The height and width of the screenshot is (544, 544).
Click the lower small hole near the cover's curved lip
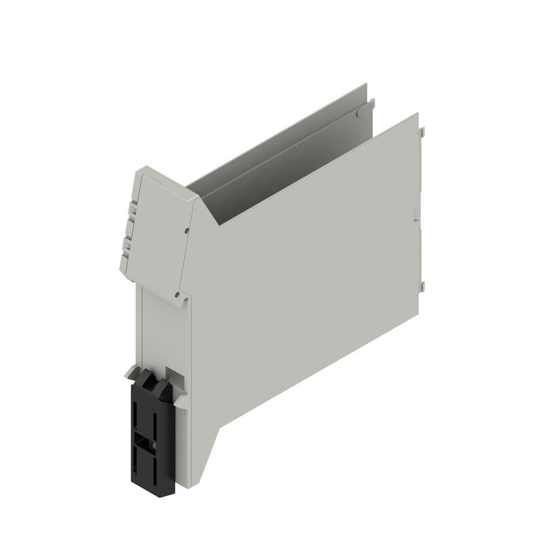pos(177,294)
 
